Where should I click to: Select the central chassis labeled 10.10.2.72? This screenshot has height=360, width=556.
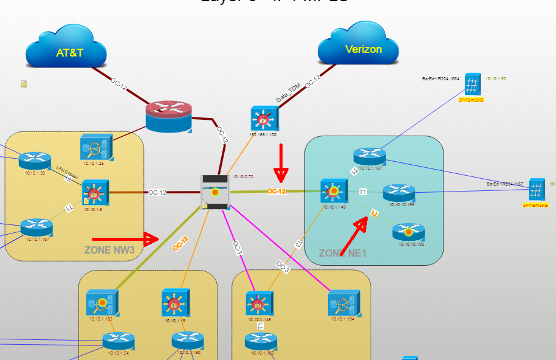(215, 192)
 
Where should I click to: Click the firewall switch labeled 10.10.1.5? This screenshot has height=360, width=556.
(95, 193)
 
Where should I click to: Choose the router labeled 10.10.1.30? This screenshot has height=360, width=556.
(35, 161)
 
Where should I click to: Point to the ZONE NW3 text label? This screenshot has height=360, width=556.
(109, 250)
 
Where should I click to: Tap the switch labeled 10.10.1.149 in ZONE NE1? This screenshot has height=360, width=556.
(333, 192)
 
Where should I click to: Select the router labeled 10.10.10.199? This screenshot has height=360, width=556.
(399, 193)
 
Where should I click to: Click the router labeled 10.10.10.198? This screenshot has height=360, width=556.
(408, 232)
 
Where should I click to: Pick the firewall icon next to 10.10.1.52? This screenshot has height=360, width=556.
(473, 84)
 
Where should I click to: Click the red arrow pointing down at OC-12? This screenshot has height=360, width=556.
(280, 163)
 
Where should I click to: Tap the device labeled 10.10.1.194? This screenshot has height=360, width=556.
(341, 303)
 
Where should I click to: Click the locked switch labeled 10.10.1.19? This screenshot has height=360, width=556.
(174, 302)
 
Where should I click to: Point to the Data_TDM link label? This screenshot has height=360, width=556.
(288, 92)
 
